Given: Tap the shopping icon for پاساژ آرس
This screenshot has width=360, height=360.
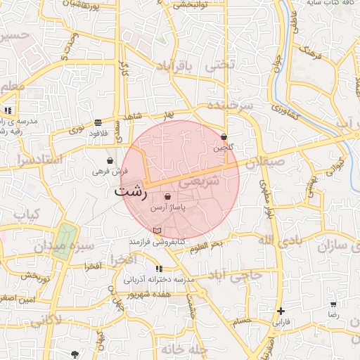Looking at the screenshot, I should click(x=167, y=196).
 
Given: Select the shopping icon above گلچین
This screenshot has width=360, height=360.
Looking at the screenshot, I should click(x=224, y=137).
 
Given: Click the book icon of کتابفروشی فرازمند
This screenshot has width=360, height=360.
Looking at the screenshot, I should click(x=157, y=231).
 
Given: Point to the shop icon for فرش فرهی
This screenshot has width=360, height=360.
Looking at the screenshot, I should click(x=110, y=161).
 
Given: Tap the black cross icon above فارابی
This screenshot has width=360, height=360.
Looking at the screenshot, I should click(x=281, y=311).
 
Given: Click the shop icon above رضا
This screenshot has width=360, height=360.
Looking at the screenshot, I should click(x=333, y=304).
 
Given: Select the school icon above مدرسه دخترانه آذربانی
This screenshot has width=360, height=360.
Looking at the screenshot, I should click(x=159, y=269).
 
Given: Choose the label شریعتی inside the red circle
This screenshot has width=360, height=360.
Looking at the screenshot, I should click(x=200, y=181).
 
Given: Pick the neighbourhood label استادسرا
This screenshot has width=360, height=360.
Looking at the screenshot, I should click(x=32, y=160).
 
